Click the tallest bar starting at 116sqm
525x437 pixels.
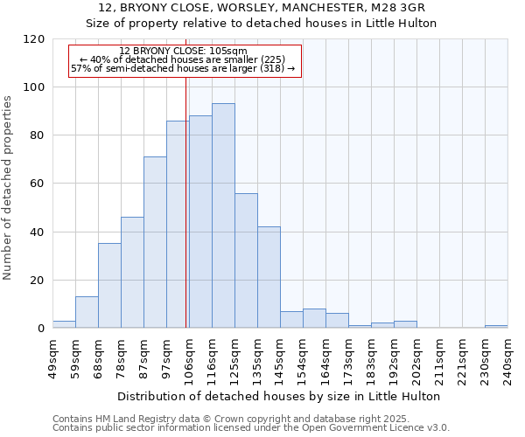point(223,216)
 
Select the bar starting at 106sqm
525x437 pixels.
point(200,222)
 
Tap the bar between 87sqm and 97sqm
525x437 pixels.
point(155,242)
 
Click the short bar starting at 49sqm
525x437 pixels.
point(64,324)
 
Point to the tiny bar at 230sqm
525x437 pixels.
point(496,326)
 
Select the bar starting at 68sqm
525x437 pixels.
point(109,286)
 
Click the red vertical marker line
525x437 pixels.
point(186,201)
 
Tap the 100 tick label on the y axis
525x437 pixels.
point(36,87)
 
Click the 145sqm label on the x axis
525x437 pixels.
point(280,359)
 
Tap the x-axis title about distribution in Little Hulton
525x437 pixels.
point(279,396)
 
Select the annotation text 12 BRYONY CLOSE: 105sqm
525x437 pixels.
point(184,52)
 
